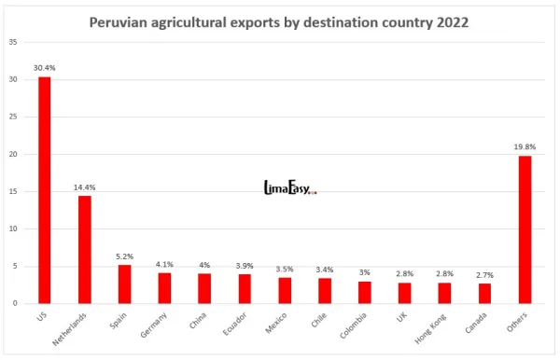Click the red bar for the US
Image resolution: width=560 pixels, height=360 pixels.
click(x=44, y=190)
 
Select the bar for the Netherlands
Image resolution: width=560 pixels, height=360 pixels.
click(x=84, y=250)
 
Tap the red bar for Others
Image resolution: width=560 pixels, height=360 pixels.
click(x=525, y=229)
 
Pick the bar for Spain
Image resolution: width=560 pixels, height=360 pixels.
click(x=124, y=284)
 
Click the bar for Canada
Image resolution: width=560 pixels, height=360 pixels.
click(x=484, y=294)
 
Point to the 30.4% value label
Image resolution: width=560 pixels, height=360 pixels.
click(x=43, y=68)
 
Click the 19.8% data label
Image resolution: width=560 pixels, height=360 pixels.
click(x=525, y=146)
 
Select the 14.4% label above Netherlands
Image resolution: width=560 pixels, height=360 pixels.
click(x=84, y=187)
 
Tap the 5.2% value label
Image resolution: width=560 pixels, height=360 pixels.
click(x=124, y=256)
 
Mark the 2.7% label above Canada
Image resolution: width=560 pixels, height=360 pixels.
click(x=484, y=275)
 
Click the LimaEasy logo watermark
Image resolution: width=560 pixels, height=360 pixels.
click(x=289, y=189)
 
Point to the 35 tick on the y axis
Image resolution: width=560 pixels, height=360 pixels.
click(x=12, y=43)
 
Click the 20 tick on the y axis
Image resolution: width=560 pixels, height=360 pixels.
click(x=12, y=155)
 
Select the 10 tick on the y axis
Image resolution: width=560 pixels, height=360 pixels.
click(x=12, y=229)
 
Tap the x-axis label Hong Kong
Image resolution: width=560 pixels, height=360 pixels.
click(x=432, y=326)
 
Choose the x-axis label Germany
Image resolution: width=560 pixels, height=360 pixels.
click(x=153, y=326)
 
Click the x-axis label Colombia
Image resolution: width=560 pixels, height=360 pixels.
click(x=353, y=326)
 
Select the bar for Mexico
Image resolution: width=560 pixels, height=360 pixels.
click(x=285, y=291)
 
